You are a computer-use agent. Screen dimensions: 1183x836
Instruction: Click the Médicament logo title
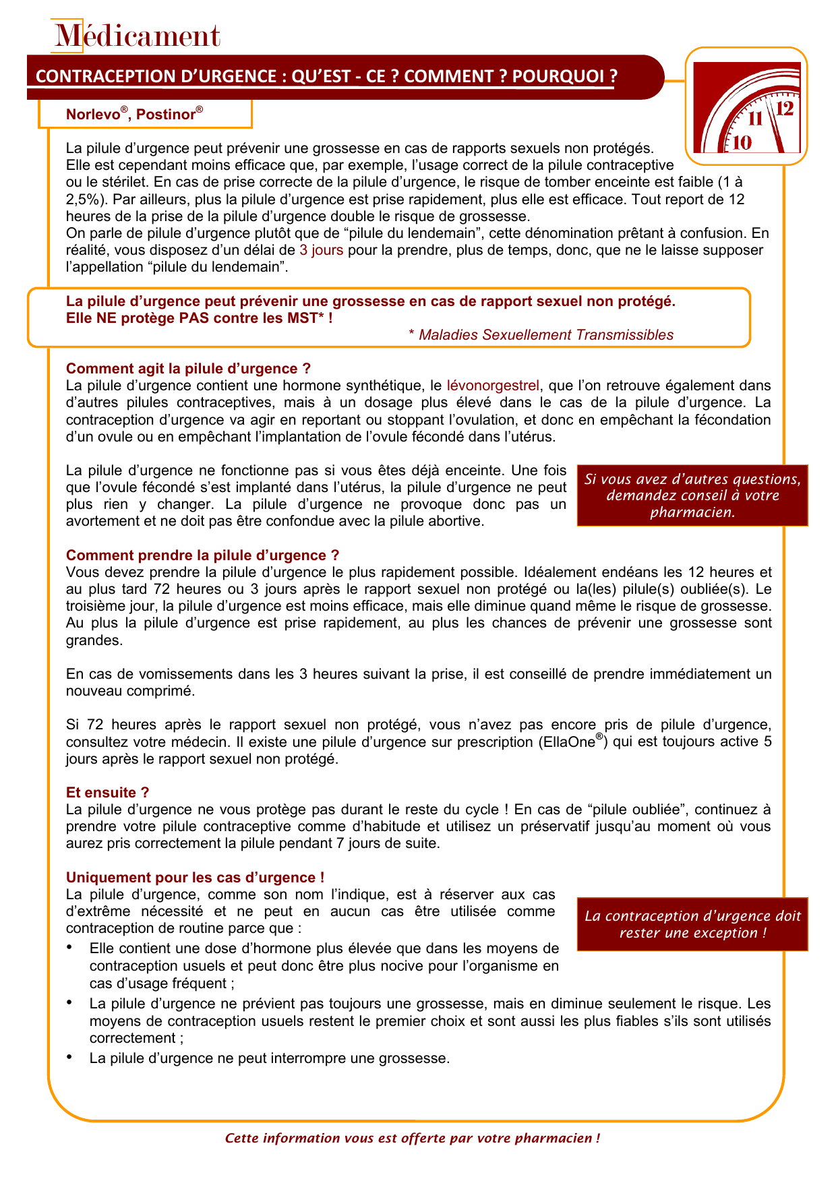pos(138,36)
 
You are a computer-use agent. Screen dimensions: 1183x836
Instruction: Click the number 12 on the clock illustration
pos(785,108)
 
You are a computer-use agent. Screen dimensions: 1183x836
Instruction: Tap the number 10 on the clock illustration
pos(741,142)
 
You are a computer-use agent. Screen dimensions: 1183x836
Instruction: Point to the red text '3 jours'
pos(321,250)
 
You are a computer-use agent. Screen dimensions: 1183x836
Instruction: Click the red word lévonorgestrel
pos(493,386)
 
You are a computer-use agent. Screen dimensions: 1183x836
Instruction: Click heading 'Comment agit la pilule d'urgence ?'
pos(188,369)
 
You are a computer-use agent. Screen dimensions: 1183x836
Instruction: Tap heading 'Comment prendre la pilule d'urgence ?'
pos(202,555)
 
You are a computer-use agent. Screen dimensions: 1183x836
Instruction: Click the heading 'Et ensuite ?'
pos(107,793)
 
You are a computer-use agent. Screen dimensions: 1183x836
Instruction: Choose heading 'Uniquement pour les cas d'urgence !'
pos(195,878)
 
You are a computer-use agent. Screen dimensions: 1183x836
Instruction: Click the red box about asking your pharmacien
pos(692,496)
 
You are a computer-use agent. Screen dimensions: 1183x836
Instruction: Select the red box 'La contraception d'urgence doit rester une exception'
pos(692,924)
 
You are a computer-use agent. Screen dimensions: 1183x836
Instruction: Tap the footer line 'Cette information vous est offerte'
pos(412,1139)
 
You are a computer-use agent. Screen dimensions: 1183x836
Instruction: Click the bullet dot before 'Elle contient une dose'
pos(69,948)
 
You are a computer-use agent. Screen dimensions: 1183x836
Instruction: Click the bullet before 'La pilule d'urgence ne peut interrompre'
pos(69,1057)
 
